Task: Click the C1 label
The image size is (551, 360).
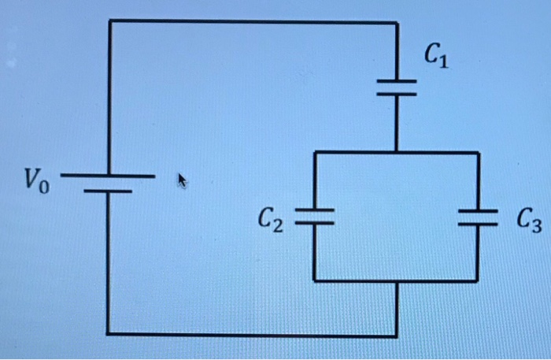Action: [x=436, y=56]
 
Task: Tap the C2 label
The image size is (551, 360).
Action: [x=270, y=220]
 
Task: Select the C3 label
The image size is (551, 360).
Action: [x=529, y=221]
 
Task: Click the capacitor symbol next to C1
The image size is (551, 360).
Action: [x=397, y=87]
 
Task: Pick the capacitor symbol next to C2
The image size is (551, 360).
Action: [x=314, y=217]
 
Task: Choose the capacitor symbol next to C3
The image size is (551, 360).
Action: [x=477, y=217]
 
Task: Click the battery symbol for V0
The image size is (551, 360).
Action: [x=109, y=183]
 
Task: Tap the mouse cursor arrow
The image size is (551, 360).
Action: [x=183, y=181]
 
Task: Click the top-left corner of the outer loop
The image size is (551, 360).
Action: [x=110, y=21]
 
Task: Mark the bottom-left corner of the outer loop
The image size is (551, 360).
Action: [x=108, y=333]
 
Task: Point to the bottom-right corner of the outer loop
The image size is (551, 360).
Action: [x=397, y=336]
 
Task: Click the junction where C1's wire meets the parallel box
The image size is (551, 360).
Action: [x=397, y=152]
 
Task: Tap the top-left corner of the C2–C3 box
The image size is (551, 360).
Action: [x=315, y=152]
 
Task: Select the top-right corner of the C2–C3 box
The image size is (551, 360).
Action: [x=478, y=153]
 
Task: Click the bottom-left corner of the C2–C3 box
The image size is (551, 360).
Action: [x=314, y=280]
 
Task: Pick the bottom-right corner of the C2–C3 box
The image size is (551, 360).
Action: [x=477, y=280]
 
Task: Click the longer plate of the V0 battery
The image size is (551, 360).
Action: [x=109, y=176]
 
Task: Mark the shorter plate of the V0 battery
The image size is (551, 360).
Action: [x=109, y=191]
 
